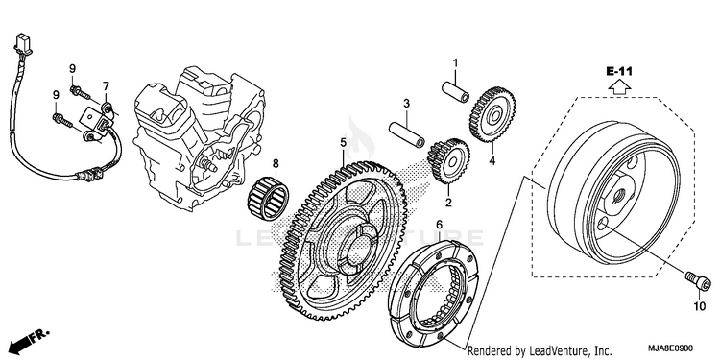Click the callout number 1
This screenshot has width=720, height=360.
coord(455,62)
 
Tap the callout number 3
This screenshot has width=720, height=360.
coord(406,104)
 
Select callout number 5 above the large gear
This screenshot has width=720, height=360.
coord(343,143)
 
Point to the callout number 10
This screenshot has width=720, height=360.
coord(699,306)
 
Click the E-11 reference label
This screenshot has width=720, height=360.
coord(619,71)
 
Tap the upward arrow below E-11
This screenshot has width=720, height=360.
coord(619,85)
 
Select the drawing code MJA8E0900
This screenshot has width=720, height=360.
coord(670,348)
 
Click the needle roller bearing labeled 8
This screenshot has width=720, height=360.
coord(268,199)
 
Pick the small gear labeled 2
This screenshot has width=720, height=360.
coord(448,160)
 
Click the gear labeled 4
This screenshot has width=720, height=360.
coord(492,115)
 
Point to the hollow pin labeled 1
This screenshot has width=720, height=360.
coord(455,91)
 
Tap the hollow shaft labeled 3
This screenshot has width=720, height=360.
coord(407,134)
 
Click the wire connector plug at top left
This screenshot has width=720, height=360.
coord(22,42)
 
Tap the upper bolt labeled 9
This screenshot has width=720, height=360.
coord(81,92)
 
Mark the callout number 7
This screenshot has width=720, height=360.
coord(106,85)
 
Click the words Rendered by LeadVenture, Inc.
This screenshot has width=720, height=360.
coord(540,350)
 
